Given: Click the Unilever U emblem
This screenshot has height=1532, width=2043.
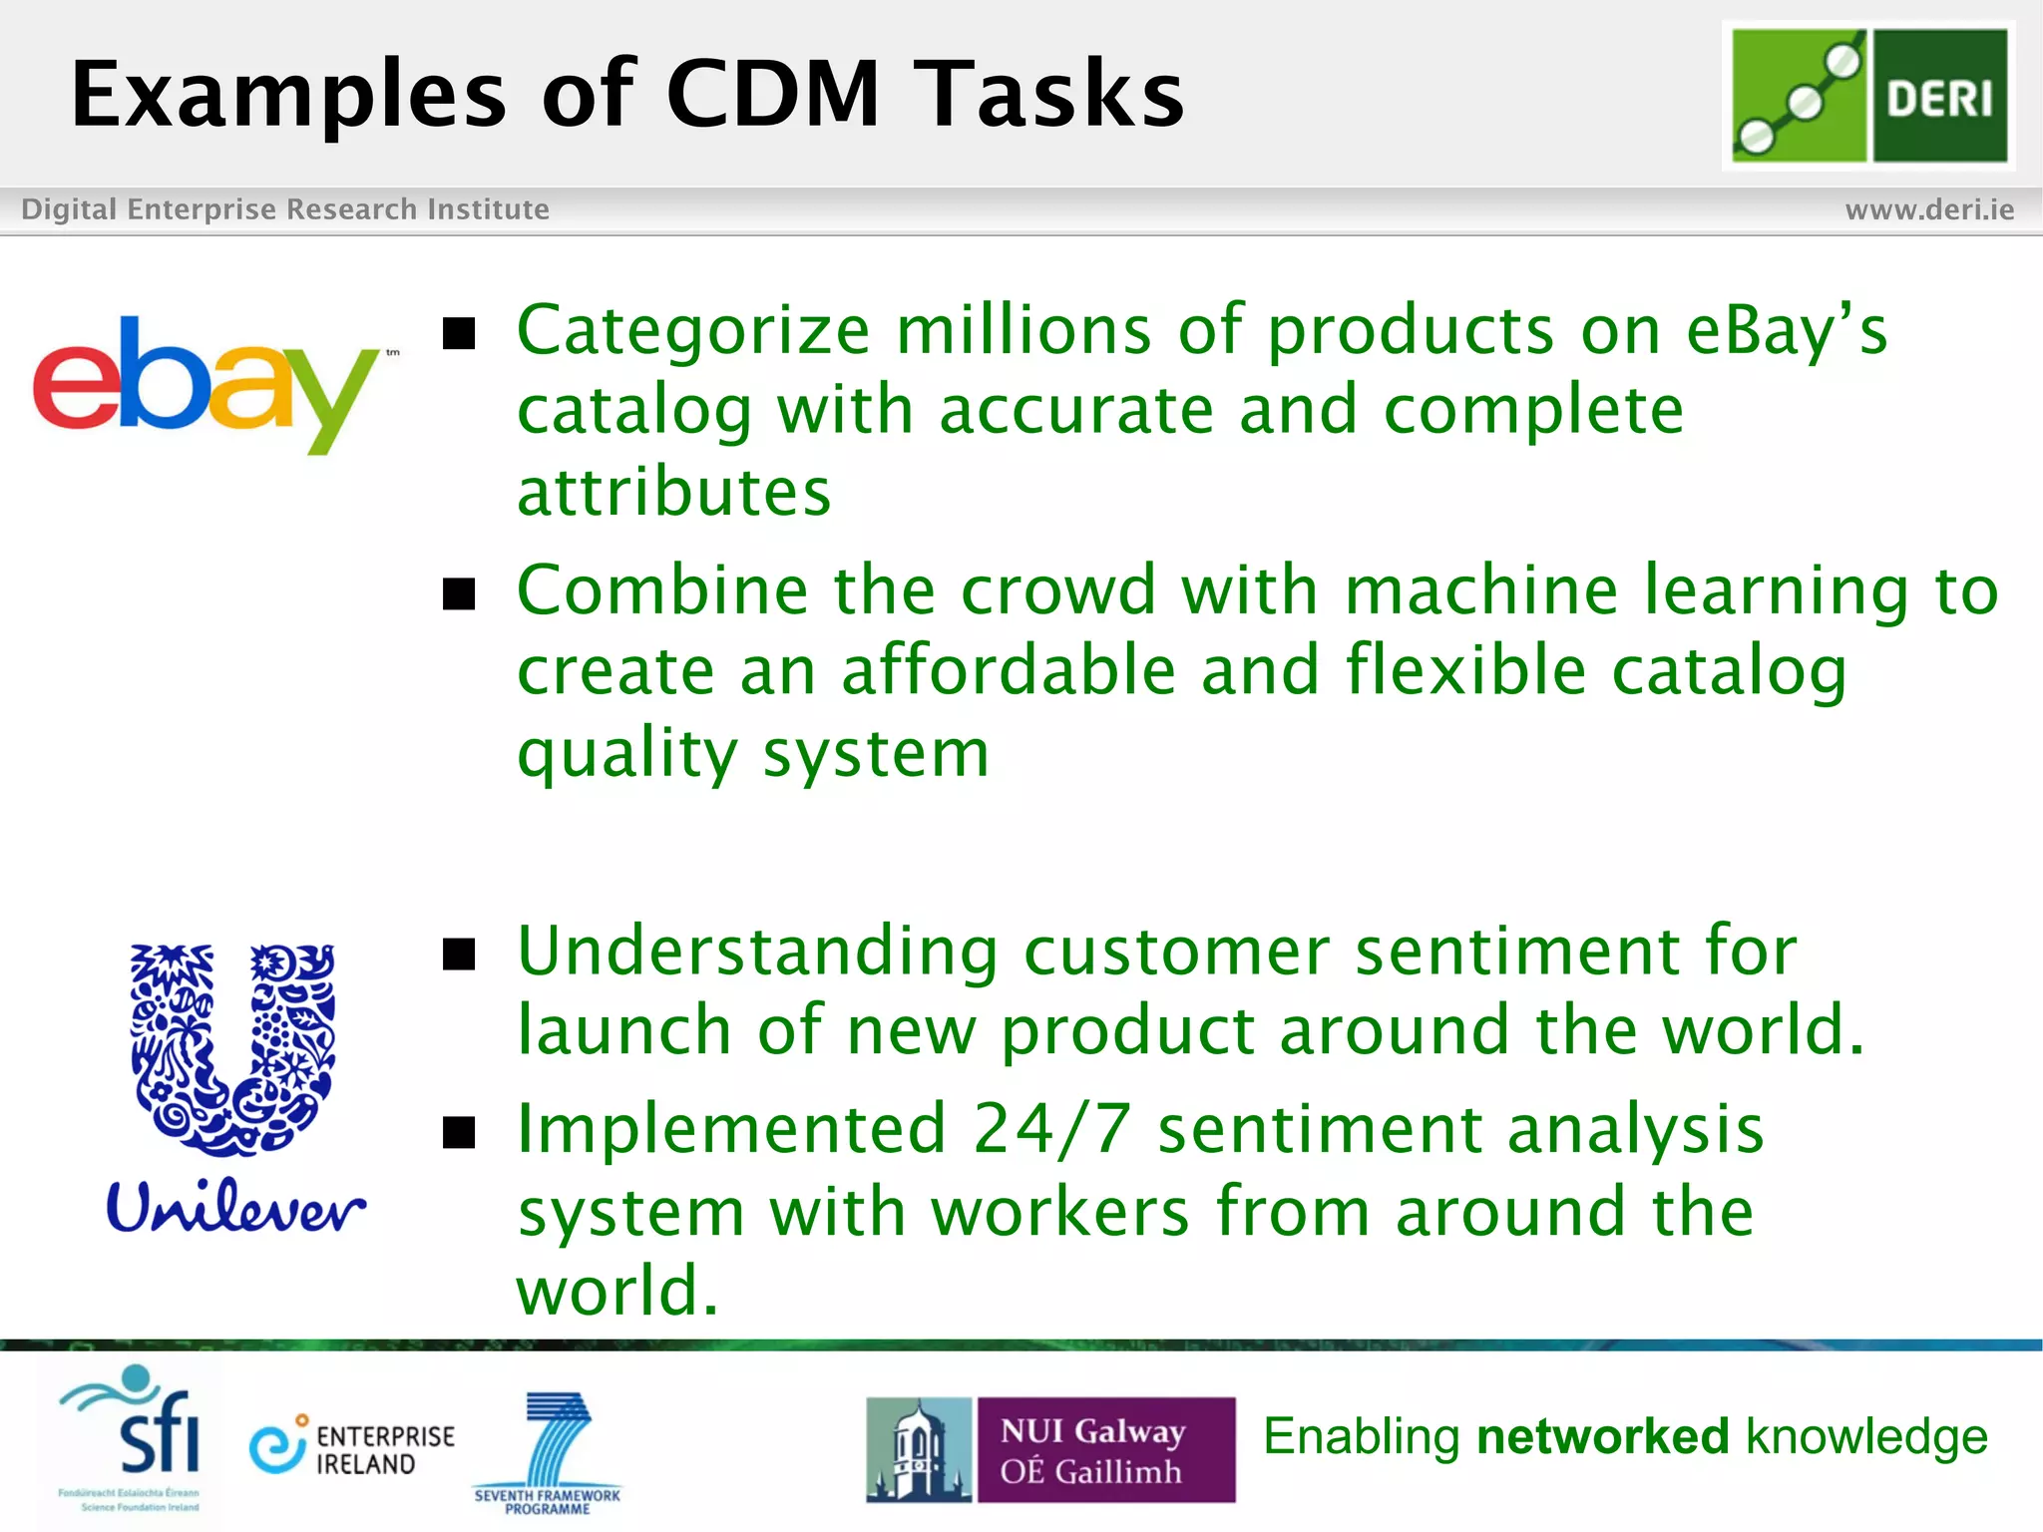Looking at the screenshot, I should [x=233, y=1047].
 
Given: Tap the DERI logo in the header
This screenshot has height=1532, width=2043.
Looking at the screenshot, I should [x=1868, y=96].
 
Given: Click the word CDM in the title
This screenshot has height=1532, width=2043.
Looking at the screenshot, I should [x=772, y=94].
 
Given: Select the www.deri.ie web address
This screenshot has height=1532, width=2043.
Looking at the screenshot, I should [x=1929, y=209].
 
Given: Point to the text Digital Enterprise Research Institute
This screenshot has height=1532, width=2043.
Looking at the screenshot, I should [x=285, y=209].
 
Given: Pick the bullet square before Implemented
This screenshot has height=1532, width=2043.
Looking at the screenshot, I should [x=459, y=1132].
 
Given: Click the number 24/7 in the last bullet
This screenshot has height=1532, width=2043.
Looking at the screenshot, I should [x=1051, y=1130].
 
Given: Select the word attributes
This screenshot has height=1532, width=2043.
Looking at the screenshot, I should [x=674, y=493].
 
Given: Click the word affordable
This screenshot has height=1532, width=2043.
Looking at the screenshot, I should [x=1009, y=670].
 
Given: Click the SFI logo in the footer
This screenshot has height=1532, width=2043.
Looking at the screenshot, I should [x=135, y=1436].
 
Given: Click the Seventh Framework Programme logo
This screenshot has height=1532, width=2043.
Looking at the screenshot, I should [x=548, y=1451].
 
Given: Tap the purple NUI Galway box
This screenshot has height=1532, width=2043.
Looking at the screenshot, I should [x=1104, y=1450].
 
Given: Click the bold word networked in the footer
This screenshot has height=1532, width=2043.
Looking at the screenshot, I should [x=1602, y=1437].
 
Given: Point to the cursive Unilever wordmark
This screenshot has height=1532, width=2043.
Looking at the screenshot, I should [x=235, y=1207].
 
